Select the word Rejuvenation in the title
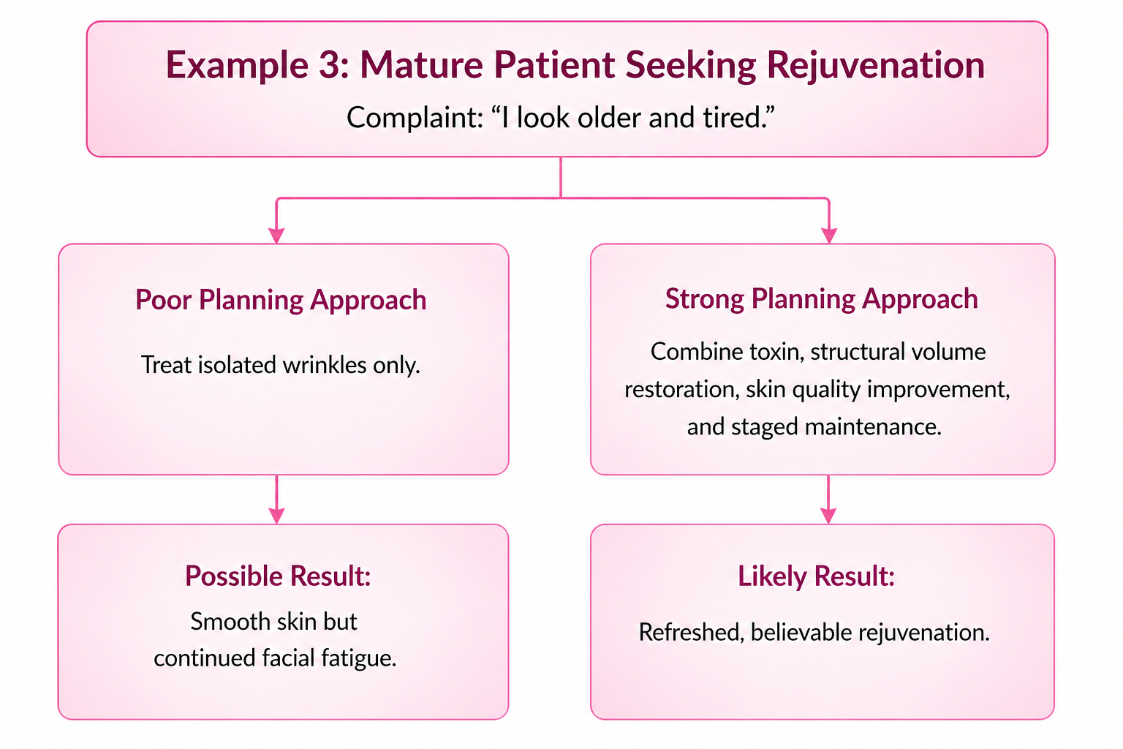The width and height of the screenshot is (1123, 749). click(x=875, y=66)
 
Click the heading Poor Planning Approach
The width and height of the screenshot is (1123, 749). click(x=281, y=300)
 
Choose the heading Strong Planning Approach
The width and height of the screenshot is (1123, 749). click(x=821, y=299)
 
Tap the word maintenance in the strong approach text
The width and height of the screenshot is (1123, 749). click(x=873, y=427)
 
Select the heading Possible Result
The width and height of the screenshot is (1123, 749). click(x=278, y=576)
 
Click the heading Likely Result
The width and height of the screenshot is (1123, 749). click(x=816, y=576)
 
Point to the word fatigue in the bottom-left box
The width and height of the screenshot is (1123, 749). click(x=359, y=658)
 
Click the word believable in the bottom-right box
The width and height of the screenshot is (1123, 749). click(x=804, y=632)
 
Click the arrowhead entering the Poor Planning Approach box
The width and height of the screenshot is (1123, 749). click(x=276, y=236)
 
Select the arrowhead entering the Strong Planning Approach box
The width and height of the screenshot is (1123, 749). click(x=829, y=236)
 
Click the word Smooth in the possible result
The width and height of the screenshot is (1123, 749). click(x=230, y=622)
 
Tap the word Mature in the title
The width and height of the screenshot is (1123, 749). click(x=422, y=65)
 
